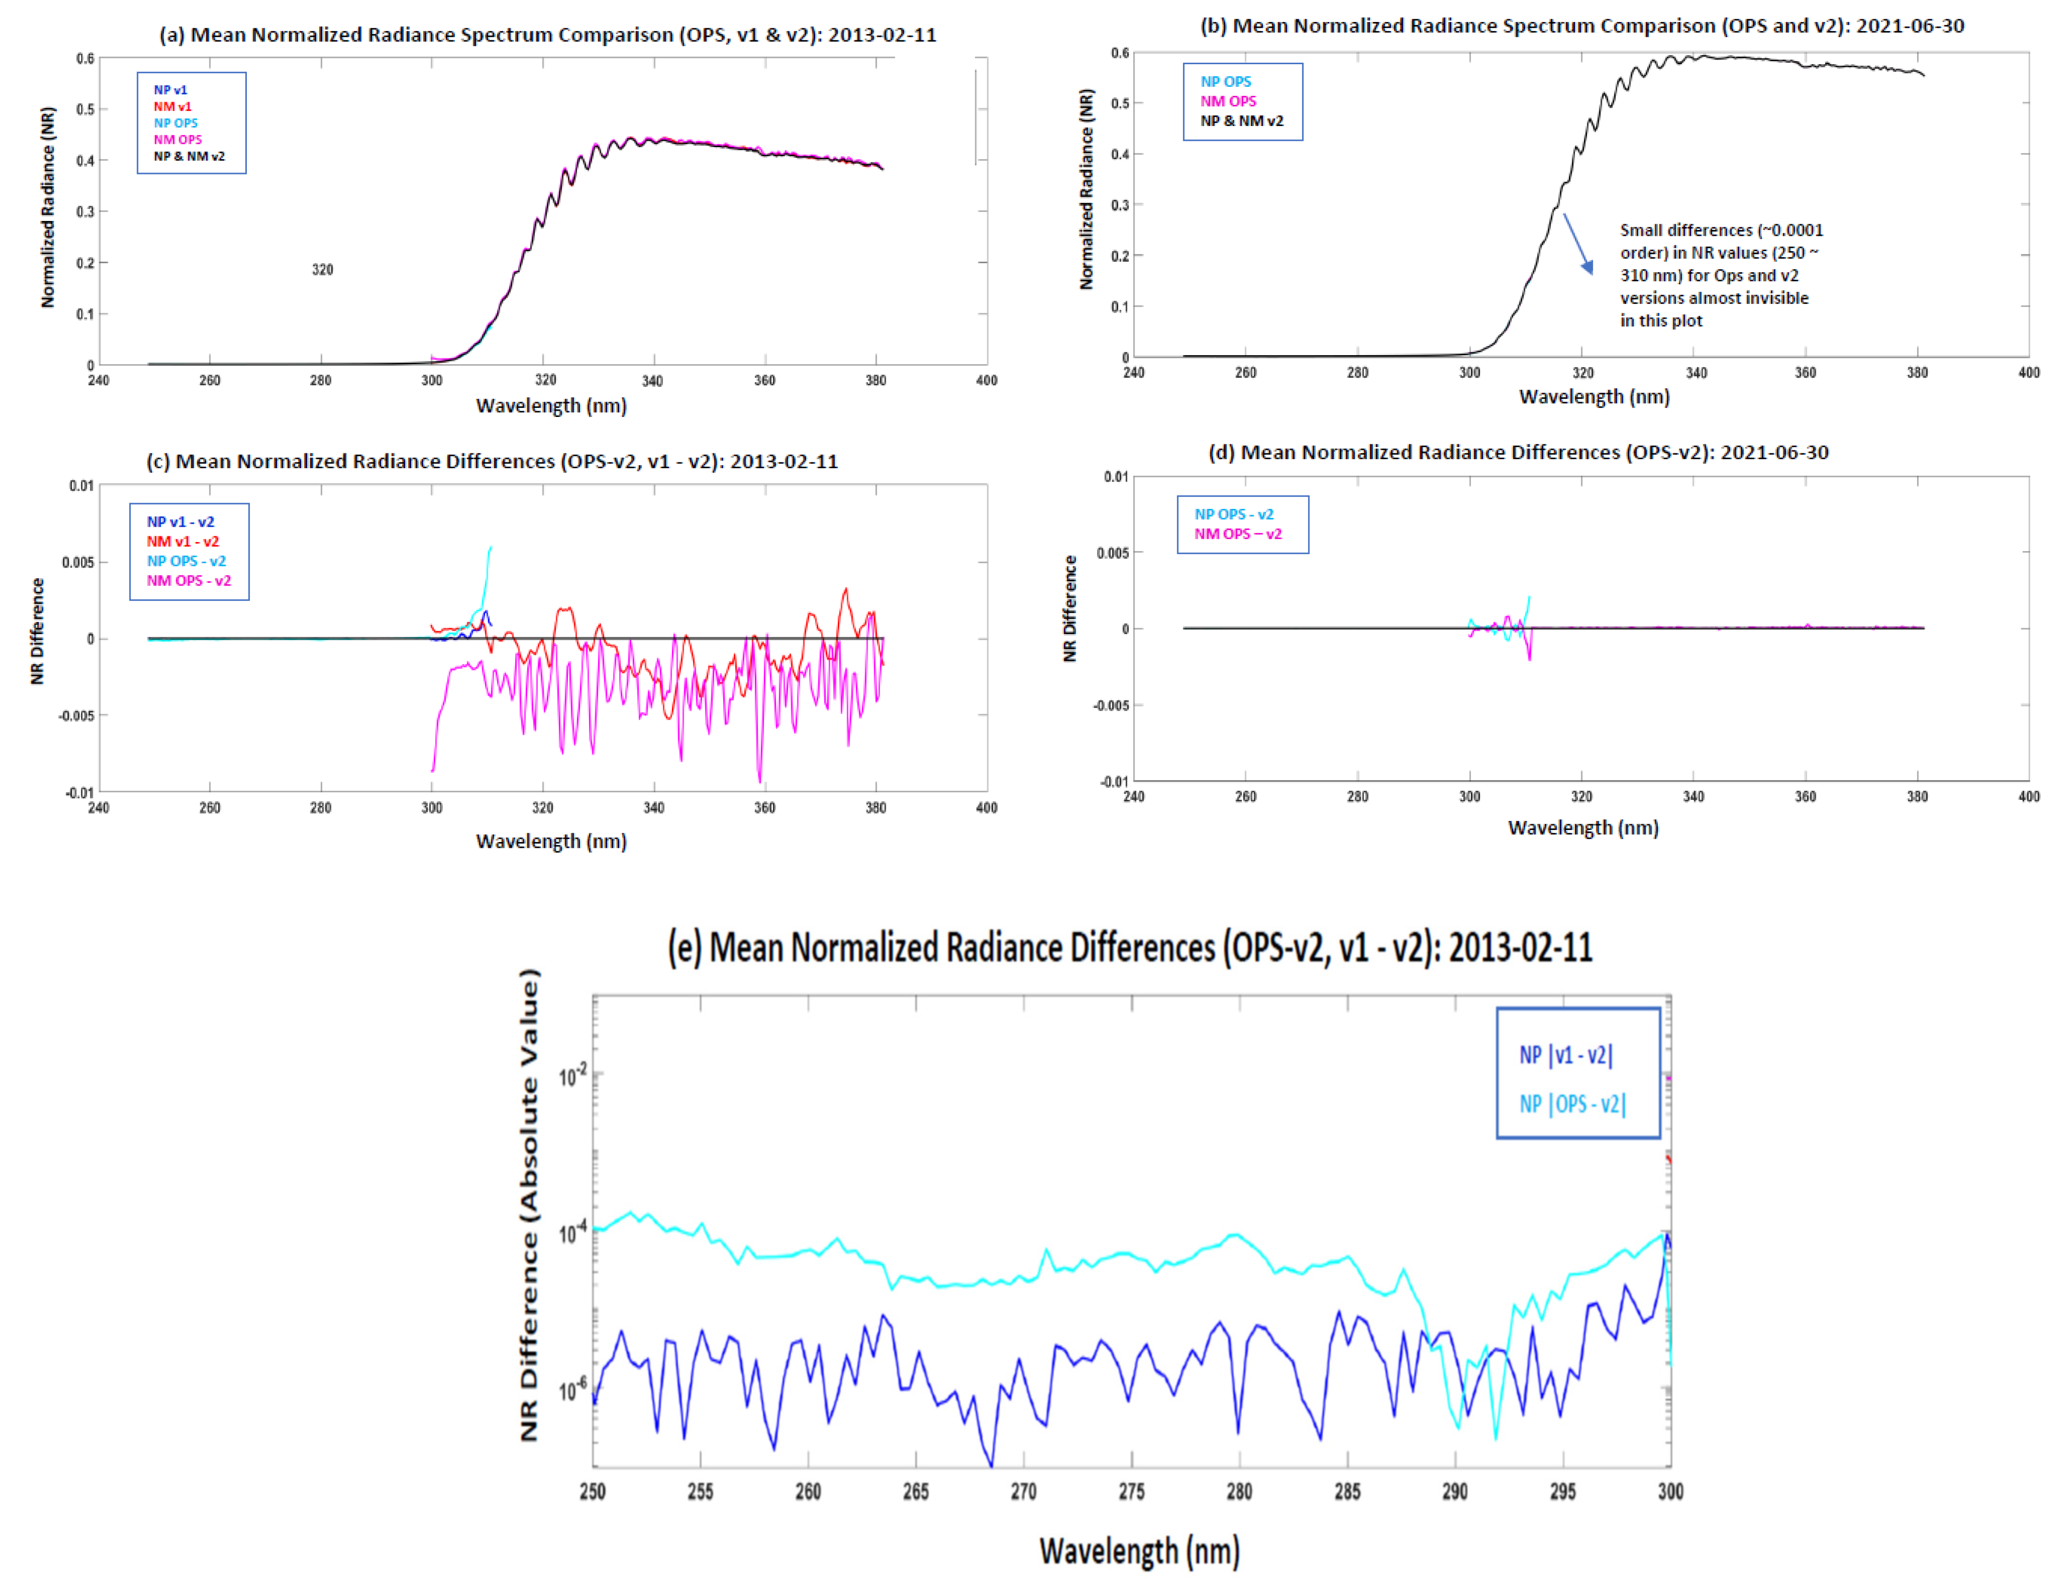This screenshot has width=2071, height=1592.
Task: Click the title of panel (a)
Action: [547, 35]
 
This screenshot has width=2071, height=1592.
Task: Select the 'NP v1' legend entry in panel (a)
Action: [171, 90]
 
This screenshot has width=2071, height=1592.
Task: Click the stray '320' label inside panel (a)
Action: [322, 270]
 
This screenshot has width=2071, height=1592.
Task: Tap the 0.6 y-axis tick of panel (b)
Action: [1120, 53]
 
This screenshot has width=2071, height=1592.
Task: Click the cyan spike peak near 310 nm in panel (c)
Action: [490, 548]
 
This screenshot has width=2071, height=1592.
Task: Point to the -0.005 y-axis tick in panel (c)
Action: [77, 715]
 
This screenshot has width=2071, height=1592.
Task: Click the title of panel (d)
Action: [1517, 453]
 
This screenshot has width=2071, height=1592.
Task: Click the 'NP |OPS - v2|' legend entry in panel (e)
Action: [1572, 1104]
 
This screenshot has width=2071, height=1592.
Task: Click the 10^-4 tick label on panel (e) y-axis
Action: [572, 1232]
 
